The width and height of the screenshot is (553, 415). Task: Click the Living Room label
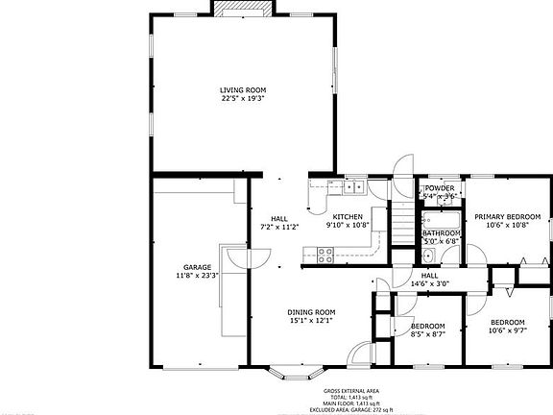click(x=242, y=89)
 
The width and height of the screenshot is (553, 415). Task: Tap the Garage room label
click(x=197, y=267)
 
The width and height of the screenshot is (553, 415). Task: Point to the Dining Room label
click(x=311, y=311)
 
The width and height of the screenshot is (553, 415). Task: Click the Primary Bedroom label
click(x=507, y=217)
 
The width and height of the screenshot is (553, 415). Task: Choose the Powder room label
click(x=440, y=187)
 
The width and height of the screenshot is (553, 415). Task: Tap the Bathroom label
click(x=441, y=232)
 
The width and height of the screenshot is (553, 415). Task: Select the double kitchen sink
click(x=351, y=188)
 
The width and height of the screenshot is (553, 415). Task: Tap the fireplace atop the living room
click(x=242, y=9)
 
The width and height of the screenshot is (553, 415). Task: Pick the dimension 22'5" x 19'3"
click(x=242, y=97)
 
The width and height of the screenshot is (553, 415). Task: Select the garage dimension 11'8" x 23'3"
click(x=197, y=276)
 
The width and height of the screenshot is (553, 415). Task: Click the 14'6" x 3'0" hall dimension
click(x=429, y=283)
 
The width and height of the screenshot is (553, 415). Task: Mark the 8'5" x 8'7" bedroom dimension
click(x=427, y=333)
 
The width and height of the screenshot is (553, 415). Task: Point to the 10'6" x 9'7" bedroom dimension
click(x=507, y=330)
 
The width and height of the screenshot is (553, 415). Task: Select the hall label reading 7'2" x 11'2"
click(x=280, y=226)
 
